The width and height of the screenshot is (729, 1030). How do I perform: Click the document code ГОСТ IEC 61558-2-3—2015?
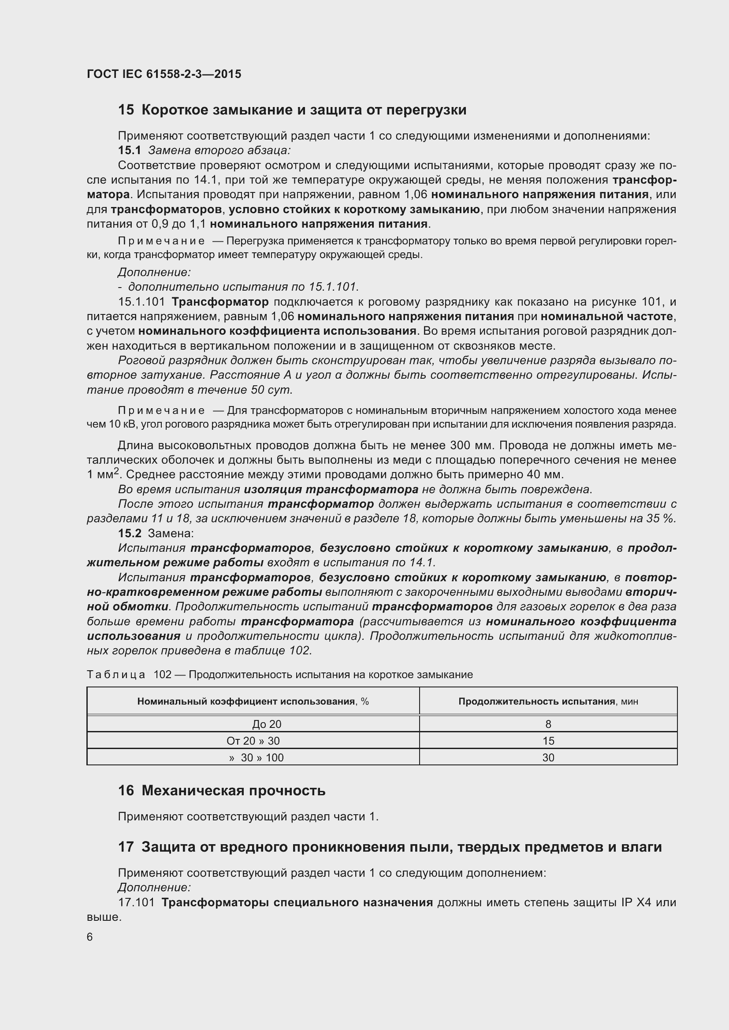pos(164,74)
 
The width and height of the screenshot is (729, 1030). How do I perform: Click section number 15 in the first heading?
pos(126,110)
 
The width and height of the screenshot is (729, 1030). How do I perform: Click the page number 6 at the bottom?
pos(90,937)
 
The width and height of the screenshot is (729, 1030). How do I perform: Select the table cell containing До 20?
pos(267,724)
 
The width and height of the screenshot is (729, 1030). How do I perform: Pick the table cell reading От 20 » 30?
pos(253,741)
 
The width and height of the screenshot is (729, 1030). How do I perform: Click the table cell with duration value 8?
pos(548,724)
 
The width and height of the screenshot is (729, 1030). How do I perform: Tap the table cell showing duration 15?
pos(548,741)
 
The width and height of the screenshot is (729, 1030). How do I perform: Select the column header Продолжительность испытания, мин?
pos(548,701)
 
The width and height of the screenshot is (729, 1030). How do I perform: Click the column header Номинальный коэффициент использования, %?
pos(253,701)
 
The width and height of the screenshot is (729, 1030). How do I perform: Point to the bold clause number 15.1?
pos(129,150)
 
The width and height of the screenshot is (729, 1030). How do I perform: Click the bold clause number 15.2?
pos(129,533)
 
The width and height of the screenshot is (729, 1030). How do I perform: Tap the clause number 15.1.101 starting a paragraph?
pos(141,302)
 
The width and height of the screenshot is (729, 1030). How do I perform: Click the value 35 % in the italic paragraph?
pos(661,519)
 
